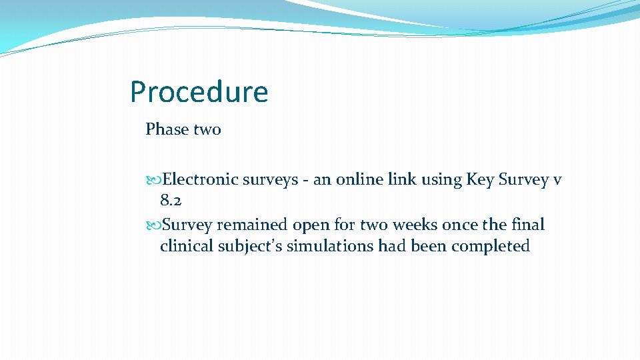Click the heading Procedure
coord(199,93)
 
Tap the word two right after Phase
coord(207,129)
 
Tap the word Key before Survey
coord(480,180)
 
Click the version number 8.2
coord(171,200)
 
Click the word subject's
coord(251,247)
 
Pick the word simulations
coord(331,246)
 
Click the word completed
coord(490,247)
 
